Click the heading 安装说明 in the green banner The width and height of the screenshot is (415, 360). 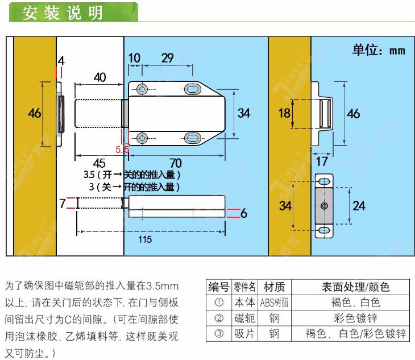(x=63, y=13)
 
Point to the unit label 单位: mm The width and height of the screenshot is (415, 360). (x=379, y=50)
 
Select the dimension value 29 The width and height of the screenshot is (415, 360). (x=168, y=57)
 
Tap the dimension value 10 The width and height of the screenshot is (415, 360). (x=134, y=57)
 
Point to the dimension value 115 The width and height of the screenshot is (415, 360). (x=145, y=239)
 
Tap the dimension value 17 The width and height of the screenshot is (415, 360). (x=322, y=162)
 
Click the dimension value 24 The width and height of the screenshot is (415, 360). (x=359, y=205)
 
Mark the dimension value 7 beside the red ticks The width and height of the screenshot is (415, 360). (x=63, y=203)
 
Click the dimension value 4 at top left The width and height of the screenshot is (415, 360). (x=61, y=60)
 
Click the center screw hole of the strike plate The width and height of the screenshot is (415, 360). (x=323, y=205)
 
